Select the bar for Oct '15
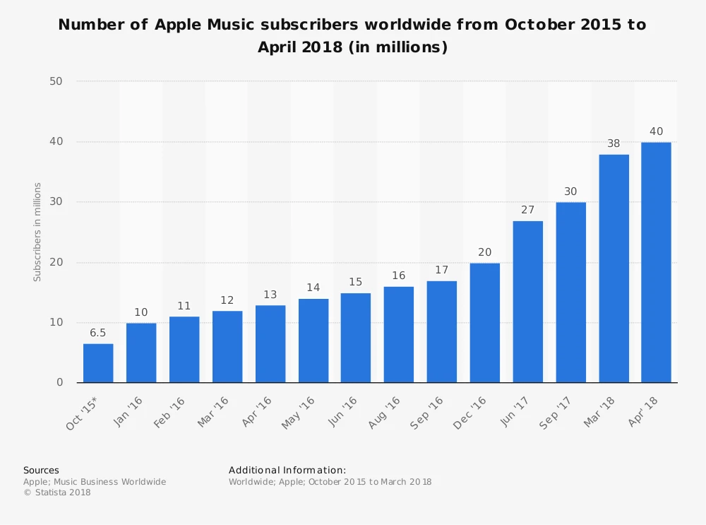pyautogui.click(x=98, y=363)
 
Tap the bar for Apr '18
pyautogui.click(x=656, y=262)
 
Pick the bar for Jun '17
pyautogui.click(x=527, y=302)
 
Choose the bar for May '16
pyautogui.click(x=313, y=341)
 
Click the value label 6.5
pyautogui.click(x=98, y=333)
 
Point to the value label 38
pyautogui.click(x=614, y=143)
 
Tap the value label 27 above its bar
pyautogui.click(x=527, y=210)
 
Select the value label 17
pyautogui.click(x=441, y=270)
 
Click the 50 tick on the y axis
pyautogui.click(x=56, y=81)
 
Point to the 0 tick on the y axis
pyautogui.click(x=59, y=382)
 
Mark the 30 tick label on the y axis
pyautogui.click(x=56, y=202)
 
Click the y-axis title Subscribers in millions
pyautogui.click(x=37, y=232)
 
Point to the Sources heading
pyautogui.click(x=41, y=470)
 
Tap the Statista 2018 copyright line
pyautogui.click(x=57, y=492)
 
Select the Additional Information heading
pyautogui.click(x=287, y=470)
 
